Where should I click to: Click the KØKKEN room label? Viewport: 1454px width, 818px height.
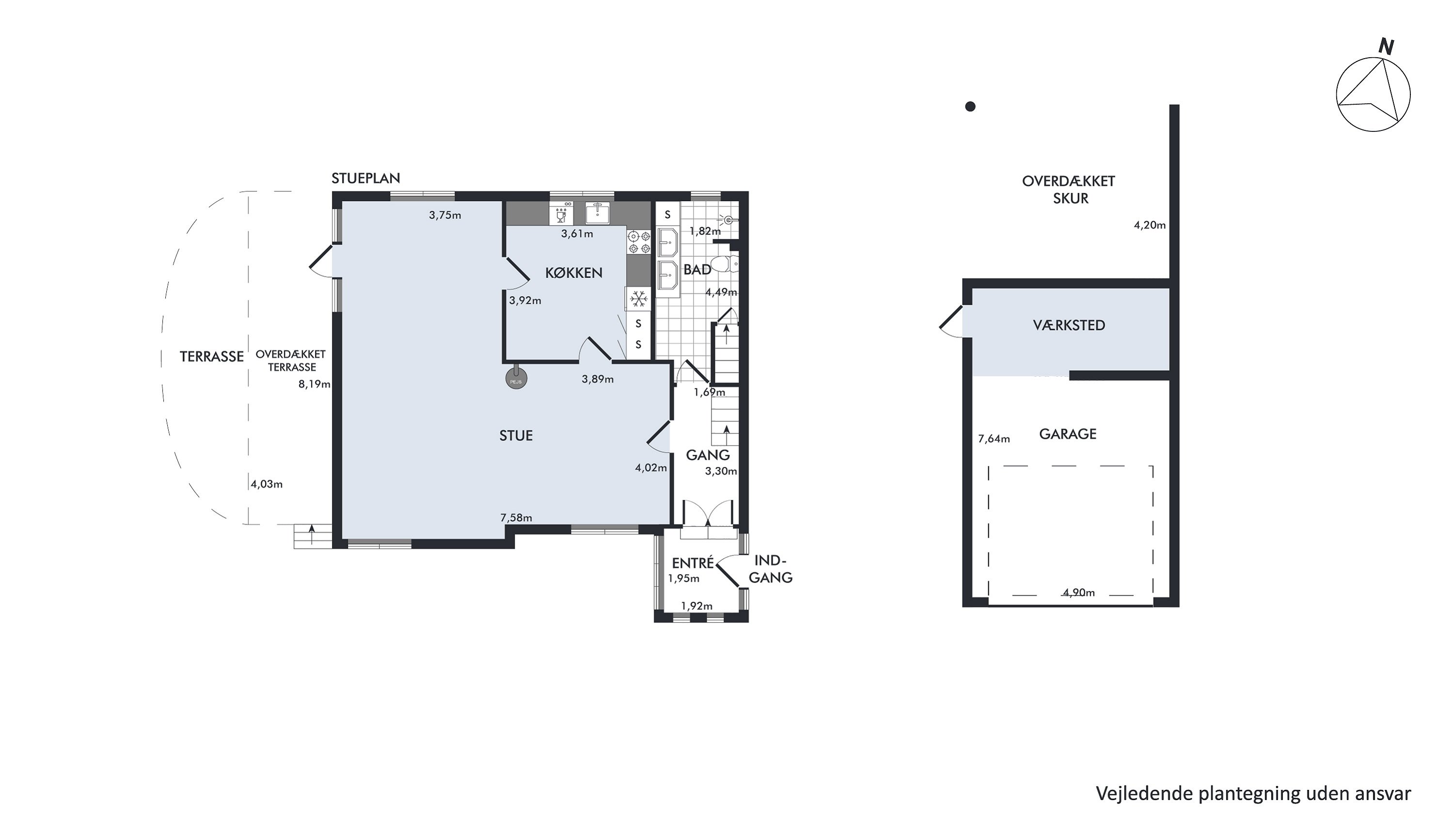click(573, 273)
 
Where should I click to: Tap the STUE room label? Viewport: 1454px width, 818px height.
click(516, 436)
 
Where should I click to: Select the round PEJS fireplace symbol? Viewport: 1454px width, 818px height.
click(516, 378)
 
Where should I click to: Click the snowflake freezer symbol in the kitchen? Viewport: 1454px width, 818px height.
click(638, 299)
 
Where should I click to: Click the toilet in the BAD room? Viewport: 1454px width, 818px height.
click(724, 264)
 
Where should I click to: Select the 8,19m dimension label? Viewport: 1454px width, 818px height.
click(315, 385)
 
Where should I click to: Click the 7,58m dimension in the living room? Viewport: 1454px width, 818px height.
click(516, 518)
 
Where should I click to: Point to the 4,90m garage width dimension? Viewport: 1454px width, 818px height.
click(1079, 593)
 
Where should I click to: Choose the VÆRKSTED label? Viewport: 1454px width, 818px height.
click(1069, 325)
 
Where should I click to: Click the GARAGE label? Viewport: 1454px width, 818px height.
click(1068, 434)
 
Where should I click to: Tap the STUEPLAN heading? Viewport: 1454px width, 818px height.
click(366, 178)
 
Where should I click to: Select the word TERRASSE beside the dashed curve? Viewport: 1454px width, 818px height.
click(212, 357)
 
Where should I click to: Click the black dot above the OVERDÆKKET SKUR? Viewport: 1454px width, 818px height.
click(970, 106)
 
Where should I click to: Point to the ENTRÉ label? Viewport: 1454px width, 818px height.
click(693, 563)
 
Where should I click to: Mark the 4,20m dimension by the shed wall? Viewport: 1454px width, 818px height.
click(1150, 225)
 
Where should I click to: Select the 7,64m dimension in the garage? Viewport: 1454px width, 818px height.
click(994, 439)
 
